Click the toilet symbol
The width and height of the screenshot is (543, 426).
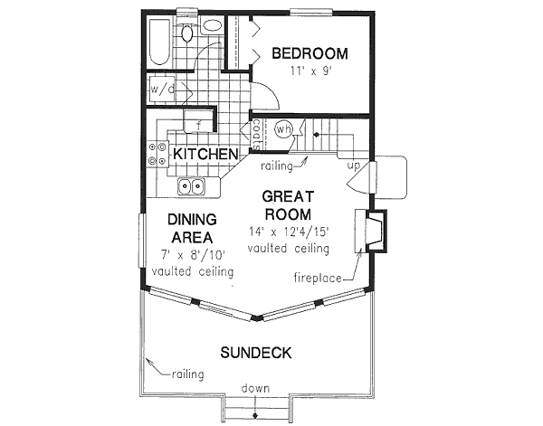187,34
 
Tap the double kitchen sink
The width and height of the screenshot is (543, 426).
191,187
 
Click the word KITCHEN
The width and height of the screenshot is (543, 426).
205,154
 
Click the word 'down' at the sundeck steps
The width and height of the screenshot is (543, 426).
255,389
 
